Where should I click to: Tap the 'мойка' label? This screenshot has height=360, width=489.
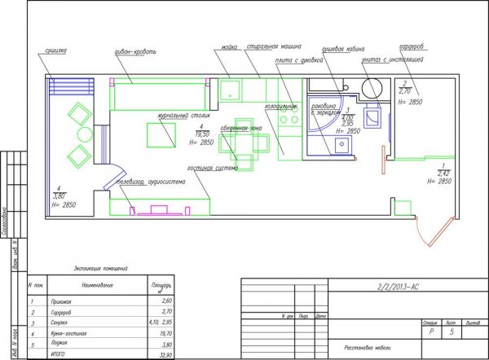point(229,48)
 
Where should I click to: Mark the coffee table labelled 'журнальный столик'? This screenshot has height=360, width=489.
point(161,134)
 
